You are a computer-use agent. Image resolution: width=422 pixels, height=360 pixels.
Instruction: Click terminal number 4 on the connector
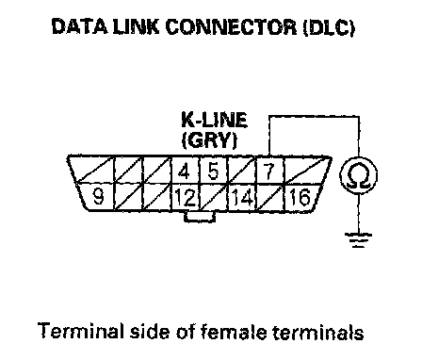(x=185, y=172)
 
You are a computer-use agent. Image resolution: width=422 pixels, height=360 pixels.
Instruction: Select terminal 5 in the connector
(x=213, y=172)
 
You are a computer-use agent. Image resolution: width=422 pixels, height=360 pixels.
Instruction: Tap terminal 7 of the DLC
(x=269, y=172)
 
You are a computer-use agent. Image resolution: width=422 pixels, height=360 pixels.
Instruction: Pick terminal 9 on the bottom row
(x=99, y=197)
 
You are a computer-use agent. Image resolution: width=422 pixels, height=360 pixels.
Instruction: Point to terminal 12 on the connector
(x=186, y=198)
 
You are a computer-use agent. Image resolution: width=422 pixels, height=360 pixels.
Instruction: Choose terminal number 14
(x=242, y=198)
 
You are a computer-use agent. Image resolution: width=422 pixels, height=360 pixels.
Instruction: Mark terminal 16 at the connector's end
(x=300, y=197)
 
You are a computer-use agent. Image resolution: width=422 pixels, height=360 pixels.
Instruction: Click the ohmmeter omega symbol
(x=359, y=175)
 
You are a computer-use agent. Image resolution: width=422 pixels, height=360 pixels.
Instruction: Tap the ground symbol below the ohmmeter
(x=359, y=240)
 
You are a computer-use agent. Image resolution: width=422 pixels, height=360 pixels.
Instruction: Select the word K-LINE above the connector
(x=215, y=120)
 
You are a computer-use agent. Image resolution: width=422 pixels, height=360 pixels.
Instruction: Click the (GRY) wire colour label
(x=209, y=139)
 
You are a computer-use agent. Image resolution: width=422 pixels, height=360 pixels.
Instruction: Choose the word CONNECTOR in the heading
(x=231, y=27)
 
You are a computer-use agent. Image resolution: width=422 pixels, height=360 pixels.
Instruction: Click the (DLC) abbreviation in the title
(x=329, y=27)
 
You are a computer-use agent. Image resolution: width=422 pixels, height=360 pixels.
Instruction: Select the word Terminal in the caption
(x=80, y=330)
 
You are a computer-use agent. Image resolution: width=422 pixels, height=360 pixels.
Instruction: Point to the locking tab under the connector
(x=200, y=217)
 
